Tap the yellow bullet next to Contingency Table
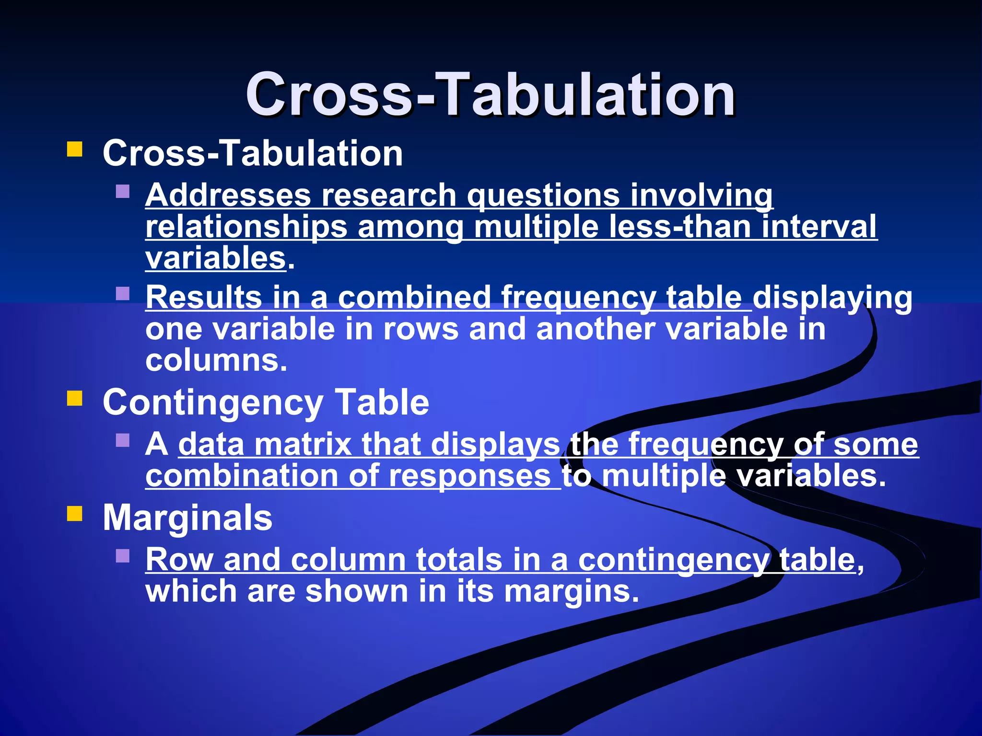point(75,398)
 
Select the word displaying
point(832,298)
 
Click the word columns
point(216,360)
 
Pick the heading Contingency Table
point(266,402)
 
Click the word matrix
point(303,444)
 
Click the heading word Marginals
point(187,518)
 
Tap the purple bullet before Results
point(123,293)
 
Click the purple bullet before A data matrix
point(123,440)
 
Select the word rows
point(421,330)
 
